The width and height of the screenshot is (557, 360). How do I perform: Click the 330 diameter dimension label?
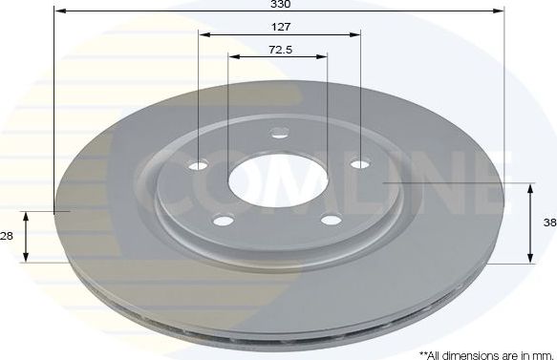[x=279, y=5]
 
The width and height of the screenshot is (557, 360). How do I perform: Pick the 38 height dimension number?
[x=549, y=222]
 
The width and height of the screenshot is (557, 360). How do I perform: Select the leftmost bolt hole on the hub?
[x=198, y=166]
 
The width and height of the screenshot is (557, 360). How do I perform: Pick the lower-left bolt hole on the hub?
[x=224, y=221]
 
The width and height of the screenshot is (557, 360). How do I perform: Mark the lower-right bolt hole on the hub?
[x=331, y=220]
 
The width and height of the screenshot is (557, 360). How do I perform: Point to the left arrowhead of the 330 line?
[x=58, y=11]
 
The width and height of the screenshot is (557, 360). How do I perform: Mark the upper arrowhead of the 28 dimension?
[x=27, y=216]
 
